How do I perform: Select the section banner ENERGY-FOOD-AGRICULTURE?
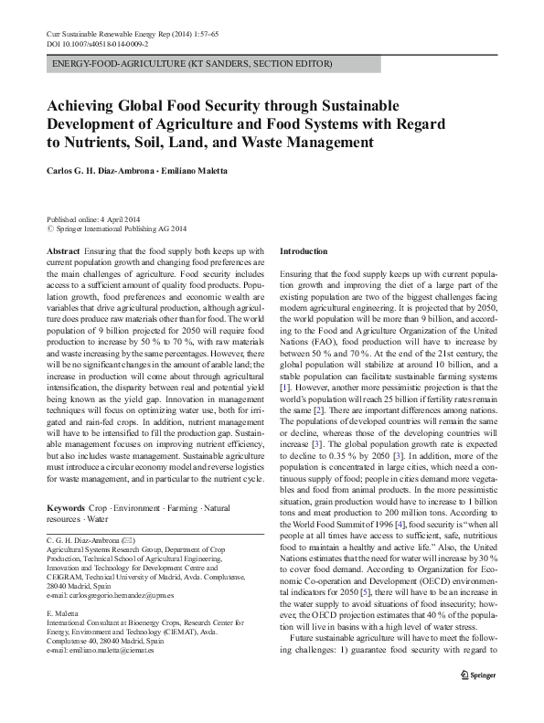coord(192,64)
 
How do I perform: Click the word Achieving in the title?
coord(85,105)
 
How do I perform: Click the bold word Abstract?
coord(62,250)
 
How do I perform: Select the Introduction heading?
coord(304,250)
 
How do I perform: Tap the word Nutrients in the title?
coord(93,143)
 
